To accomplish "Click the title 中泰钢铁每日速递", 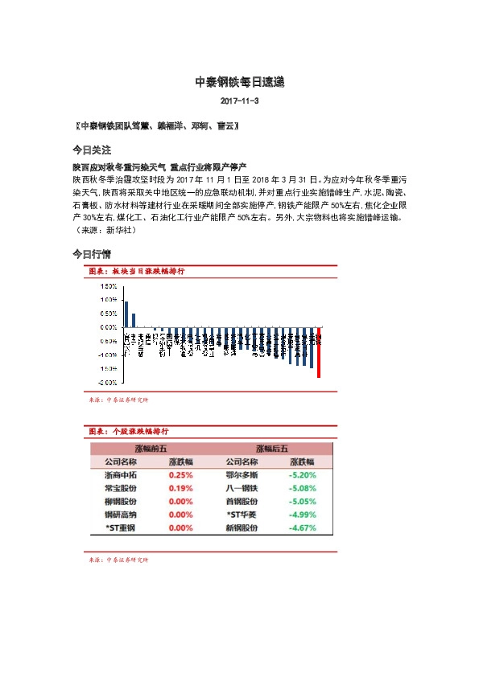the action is [240, 82].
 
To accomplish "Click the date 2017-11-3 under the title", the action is [239, 102].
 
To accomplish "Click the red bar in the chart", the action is [319, 352].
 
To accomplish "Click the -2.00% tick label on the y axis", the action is [108, 382].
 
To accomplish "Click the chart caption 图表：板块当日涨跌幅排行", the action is [136, 272].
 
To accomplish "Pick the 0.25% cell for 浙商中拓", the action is [180, 475].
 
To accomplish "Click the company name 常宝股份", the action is [121, 488].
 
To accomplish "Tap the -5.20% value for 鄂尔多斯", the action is [302, 475].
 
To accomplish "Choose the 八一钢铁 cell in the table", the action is [242, 488].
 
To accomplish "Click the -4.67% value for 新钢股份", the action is [302, 528].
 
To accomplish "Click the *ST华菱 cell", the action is [242, 515].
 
